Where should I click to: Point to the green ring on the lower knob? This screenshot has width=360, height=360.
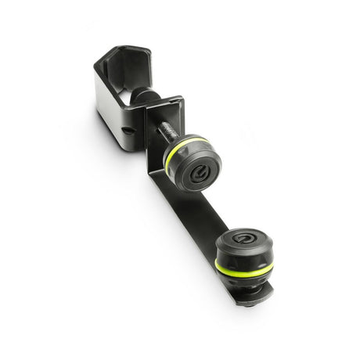point(243,268)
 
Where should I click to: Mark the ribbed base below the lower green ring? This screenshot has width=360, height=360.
point(243,280)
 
